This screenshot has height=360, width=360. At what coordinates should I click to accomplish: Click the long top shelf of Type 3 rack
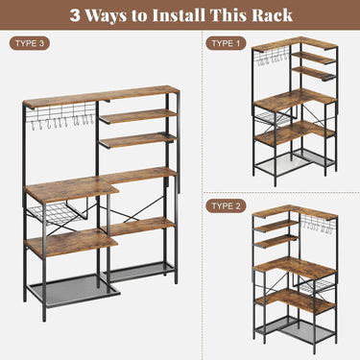(101, 97)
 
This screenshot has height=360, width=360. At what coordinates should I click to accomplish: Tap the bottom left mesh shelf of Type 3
(69, 289)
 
